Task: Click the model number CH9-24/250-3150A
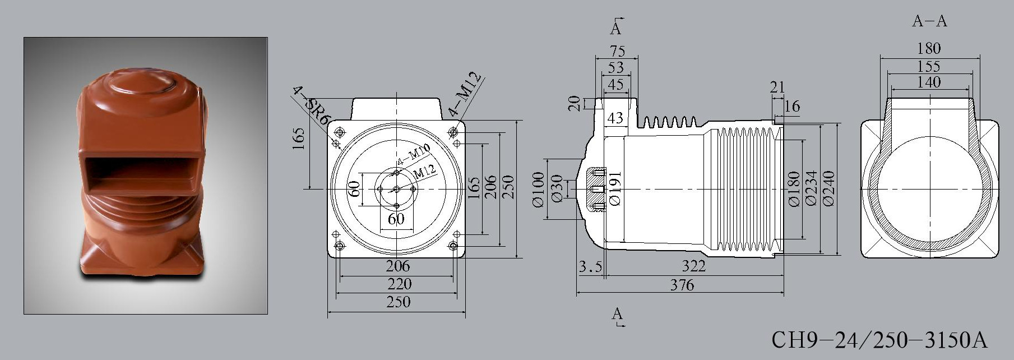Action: pyautogui.click(x=879, y=340)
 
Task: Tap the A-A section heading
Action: pyautogui.click(x=929, y=21)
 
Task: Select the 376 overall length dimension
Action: pyautogui.click(x=682, y=285)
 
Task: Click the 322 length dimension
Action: pyautogui.click(x=693, y=266)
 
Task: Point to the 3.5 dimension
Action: pyautogui.click(x=590, y=267)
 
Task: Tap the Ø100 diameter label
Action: pyautogui.click(x=538, y=190)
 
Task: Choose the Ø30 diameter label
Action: pyautogui.click(x=556, y=189)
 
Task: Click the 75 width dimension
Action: pyautogui.click(x=617, y=51)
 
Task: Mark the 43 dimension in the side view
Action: pyautogui.click(x=615, y=118)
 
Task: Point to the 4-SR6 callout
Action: pyautogui.click(x=312, y=106)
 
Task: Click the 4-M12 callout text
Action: pyautogui.click(x=465, y=93)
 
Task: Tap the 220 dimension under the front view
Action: pyautogui.click(x=399, y=284)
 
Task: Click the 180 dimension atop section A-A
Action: pyautogui.click(x=929, y=48)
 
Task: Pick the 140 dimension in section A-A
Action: pyautogui.click(x=929, y=82)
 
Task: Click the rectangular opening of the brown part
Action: pyautogui.click(x=142, y=175)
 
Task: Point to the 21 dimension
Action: pyautogui.click(x=777, y=87)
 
